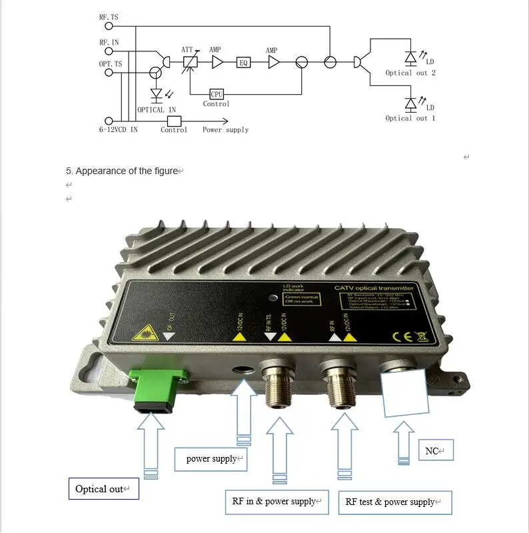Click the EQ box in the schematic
click(244, 62)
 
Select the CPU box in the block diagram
click(217, 94)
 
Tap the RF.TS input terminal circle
click(109, 26)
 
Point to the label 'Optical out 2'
click(410, 73)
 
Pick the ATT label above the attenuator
click(187, 50)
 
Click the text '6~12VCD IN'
click(119, 129)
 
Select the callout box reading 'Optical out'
click(103, 489)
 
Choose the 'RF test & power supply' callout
click(394, 502)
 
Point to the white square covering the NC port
click(405, 392)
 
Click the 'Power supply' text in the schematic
click(225, 129)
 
